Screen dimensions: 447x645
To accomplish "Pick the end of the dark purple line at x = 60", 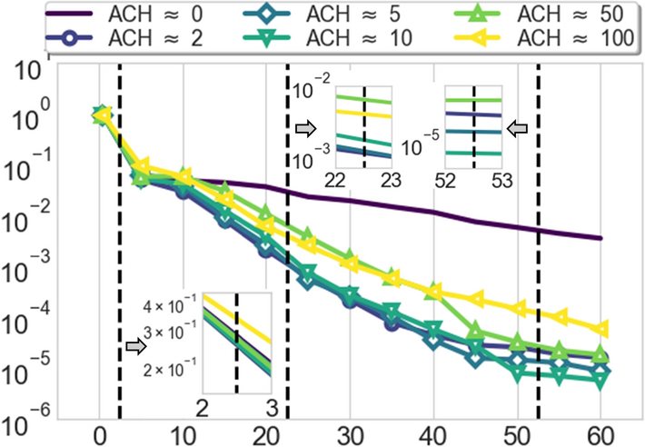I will tap(600, 238).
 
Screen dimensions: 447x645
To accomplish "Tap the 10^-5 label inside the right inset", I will tap(419, 144).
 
